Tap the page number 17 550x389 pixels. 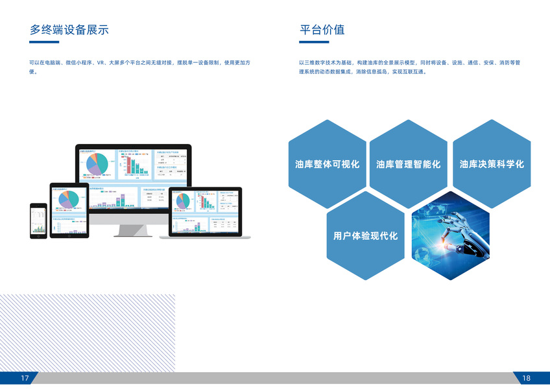[x=25, y=378]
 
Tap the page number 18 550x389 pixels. [x=525, y=378]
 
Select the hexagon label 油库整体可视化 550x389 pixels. [x=327, y=164]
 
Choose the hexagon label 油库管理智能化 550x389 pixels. [x=408, y=164]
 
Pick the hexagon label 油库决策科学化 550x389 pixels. [x=491, y=164]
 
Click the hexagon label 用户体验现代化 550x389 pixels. [x=365, y=236]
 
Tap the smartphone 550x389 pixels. [x=38, y=220]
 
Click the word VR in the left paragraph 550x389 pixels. [x=101, y=62]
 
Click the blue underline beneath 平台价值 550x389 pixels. [x=314, y=42]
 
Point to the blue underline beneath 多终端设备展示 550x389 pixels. [x=44, y=42]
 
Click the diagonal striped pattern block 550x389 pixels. [x=88, y=333]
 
